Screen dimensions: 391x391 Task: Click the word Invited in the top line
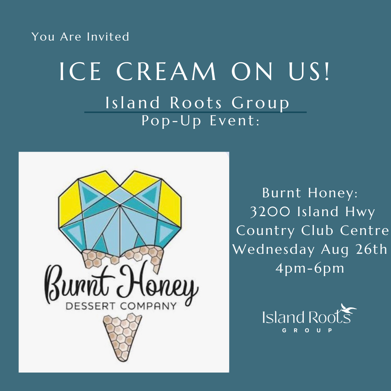coord(108,37)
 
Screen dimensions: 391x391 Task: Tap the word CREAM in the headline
coord(166,71)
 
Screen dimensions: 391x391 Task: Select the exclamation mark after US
coord(327,71)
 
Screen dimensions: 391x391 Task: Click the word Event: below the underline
coord(235,121)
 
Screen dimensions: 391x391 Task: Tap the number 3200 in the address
coord(270,211)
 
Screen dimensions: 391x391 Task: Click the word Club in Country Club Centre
coord(317,230)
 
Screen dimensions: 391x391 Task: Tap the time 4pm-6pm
coord(310,268)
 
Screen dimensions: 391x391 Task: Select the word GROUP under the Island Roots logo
coord(307,331)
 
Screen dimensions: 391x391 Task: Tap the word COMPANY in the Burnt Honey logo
coord(148,306)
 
